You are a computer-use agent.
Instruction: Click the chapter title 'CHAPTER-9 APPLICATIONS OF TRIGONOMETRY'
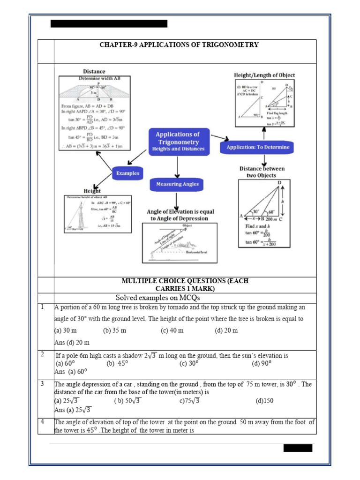179,45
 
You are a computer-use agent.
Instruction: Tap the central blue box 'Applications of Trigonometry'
177,142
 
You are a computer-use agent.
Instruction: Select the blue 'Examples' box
127,173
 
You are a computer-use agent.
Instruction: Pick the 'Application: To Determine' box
258,147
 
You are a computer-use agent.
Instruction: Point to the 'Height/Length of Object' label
264,75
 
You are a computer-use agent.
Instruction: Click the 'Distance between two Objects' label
262,172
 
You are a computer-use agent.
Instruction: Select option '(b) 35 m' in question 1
115,330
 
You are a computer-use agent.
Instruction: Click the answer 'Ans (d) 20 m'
72,343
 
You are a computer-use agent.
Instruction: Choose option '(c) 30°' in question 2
189,363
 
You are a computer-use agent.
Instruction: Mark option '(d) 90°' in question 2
262,363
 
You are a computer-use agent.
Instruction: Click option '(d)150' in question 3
264,401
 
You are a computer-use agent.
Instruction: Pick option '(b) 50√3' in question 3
127,401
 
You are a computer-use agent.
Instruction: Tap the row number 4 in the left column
42,421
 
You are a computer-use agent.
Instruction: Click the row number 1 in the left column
42,307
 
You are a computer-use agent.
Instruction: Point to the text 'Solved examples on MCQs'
154,298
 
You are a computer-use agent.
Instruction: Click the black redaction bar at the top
109,23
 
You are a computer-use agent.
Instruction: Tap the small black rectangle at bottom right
297,448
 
